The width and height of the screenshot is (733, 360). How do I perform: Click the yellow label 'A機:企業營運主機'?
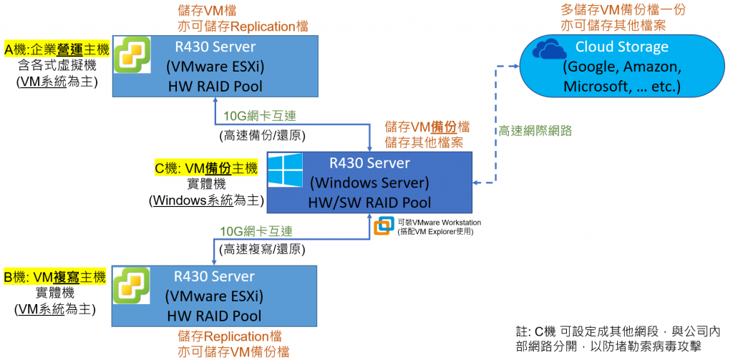click(x=57, y=49)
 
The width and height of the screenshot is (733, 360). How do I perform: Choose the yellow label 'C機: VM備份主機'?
click(x=206, y=169)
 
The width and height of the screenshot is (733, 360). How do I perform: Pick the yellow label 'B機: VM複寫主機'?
click(x=55, y=277)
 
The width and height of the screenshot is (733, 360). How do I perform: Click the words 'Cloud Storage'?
click(x=621, y=47)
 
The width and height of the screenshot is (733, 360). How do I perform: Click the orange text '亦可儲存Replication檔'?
click(x=243, y=26)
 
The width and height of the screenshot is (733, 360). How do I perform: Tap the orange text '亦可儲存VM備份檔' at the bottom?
click(x=233, y=351)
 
